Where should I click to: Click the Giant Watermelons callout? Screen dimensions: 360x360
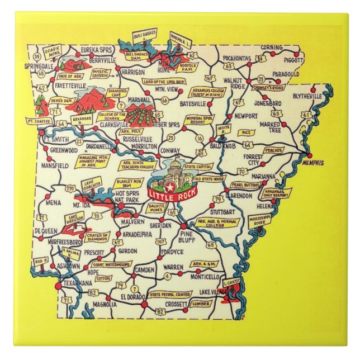pos(112,264)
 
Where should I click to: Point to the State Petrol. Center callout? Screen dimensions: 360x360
pos(170,294)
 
